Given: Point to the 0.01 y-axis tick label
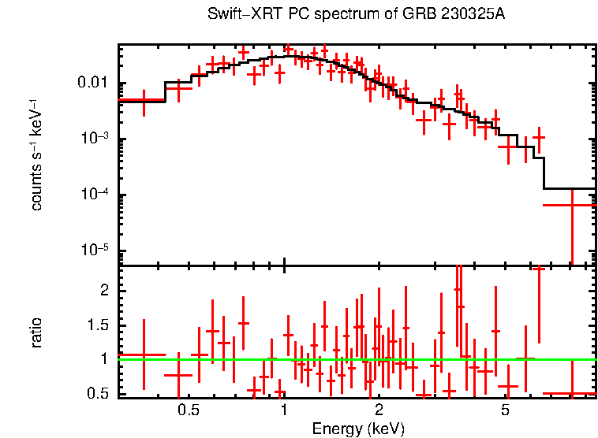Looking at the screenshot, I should (x=93, y=84).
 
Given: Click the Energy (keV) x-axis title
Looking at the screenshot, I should (x=357, y=429).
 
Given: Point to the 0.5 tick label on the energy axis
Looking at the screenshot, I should (x=188, y=410).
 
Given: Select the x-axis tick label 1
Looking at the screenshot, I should (x=284, y=410).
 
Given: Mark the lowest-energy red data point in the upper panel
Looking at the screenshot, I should (x=144, y=100).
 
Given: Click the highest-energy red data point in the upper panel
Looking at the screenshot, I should (x=571, y=205).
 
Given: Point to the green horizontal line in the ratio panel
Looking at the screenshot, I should (x=355, y=359).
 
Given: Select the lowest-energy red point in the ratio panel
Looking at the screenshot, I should (x=144, y=354).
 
